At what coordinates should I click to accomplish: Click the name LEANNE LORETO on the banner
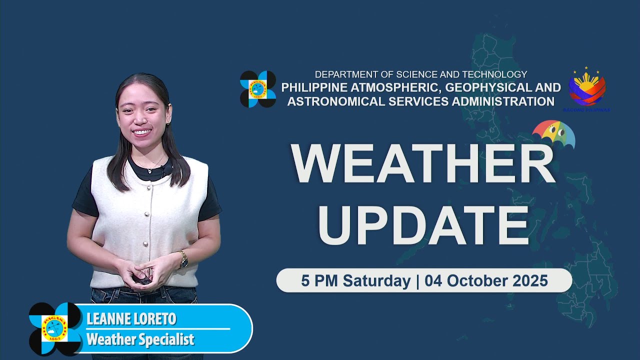[131, 319]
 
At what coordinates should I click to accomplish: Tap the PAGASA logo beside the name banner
[55, 328]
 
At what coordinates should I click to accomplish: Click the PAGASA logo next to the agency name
[258, 89]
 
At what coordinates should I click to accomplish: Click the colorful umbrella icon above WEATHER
[553, 134]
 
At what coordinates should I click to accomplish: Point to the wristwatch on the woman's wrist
[183, 258]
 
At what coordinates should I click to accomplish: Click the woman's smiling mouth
[142, 132]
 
